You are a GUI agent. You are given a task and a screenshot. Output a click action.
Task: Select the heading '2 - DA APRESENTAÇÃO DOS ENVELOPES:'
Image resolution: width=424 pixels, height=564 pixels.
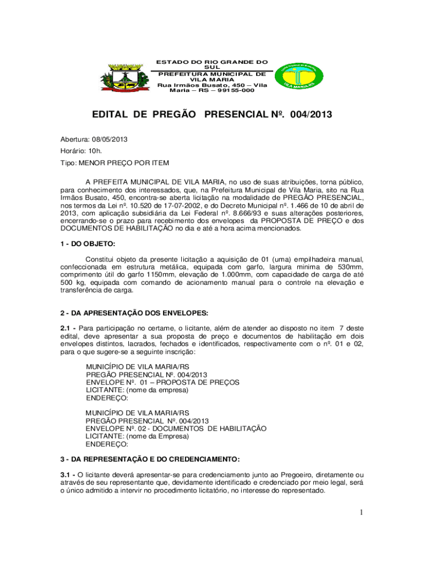click(x=134, y=313)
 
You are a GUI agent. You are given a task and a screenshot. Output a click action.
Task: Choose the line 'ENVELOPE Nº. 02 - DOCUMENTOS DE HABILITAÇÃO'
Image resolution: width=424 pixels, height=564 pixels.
click(x=176, y=429)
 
